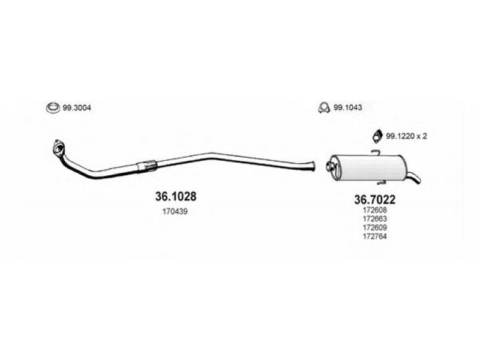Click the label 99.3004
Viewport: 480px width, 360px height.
76,108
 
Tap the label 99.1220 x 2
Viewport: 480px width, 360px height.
406,136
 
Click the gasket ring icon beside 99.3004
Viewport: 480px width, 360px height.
53,109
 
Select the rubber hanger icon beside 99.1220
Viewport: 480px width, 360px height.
377,136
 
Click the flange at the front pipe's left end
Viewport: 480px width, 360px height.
59,146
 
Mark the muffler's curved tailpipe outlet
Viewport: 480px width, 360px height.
415,178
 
